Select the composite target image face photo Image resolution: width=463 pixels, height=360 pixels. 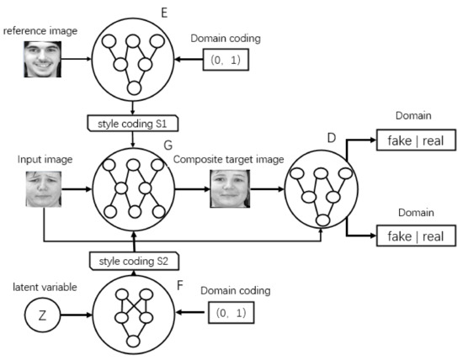pos(230,188)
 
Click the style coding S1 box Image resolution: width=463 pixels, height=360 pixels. pos(134,122)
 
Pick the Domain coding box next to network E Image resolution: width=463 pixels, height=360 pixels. pos(225,60)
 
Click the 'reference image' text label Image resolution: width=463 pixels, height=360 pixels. pos(40,31)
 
